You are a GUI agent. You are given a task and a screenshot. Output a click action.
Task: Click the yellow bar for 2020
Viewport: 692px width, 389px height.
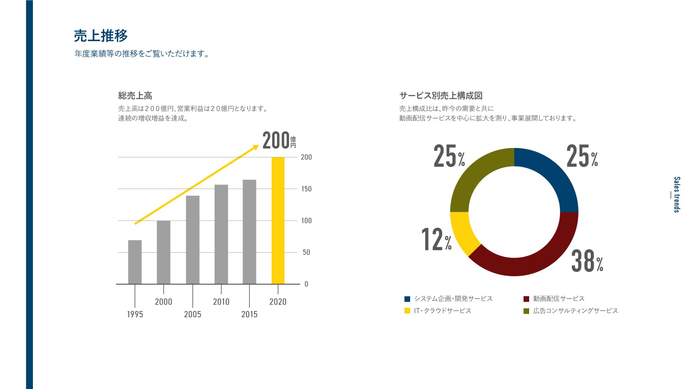(x=278, y=220)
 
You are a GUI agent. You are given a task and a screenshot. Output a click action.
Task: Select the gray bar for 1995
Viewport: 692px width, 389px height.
(x=135, y=262)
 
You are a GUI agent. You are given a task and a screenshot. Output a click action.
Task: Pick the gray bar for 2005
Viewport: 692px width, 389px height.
(x=192, y=240)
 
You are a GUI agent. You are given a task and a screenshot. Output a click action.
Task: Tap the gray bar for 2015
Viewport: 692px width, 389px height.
(x=249, y=232)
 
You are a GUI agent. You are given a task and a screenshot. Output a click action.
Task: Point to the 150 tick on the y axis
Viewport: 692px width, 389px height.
(x=306, y=189)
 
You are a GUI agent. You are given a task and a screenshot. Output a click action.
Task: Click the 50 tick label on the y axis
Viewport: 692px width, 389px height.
(x=306, y=252)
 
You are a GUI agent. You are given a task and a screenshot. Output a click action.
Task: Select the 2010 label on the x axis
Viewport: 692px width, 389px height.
(x=221, y=302)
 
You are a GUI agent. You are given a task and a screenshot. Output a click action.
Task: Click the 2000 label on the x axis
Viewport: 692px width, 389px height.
(x=163, y=302)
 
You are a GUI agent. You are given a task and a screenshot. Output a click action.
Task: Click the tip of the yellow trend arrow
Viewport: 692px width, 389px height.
(x=257, y=146)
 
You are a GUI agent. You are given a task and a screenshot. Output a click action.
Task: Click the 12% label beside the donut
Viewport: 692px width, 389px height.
(x=436, y=239)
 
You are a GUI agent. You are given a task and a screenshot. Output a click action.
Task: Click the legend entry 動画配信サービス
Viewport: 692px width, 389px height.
(x=558, y=299)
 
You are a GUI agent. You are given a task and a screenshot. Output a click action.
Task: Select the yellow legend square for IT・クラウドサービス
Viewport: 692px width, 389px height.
(x=407, y=311)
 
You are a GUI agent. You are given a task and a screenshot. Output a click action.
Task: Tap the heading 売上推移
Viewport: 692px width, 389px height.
(x=101, y=36)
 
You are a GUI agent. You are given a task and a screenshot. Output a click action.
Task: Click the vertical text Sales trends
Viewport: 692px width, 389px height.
(x=676, y=194)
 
